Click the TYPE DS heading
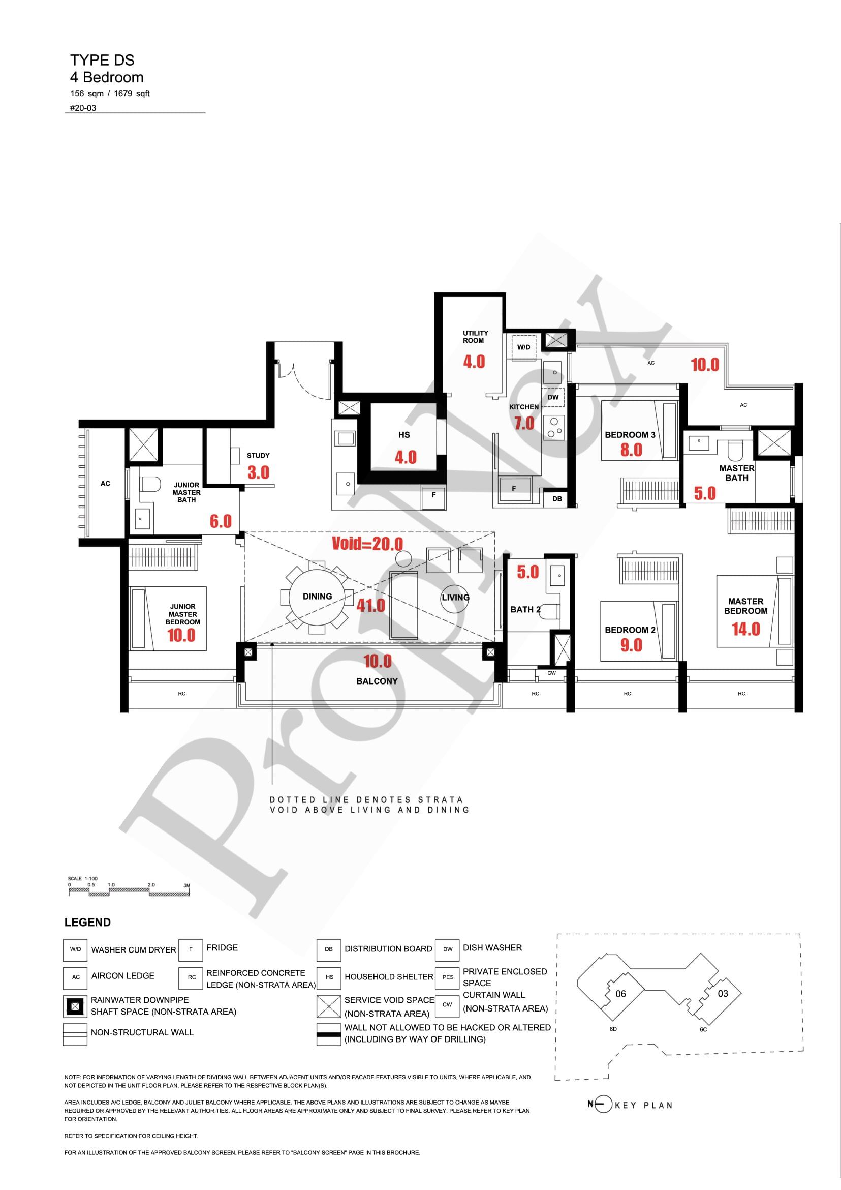(102, 60)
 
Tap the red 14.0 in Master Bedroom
(745, 629)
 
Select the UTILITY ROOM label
(476, 337)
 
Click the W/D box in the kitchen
(523, 347)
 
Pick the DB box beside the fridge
(557, 499)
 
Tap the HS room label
(404, 435)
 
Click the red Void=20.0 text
(367, 544)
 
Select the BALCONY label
(377, 681)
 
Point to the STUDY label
(258, 456)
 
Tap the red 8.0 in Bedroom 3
(631, 450)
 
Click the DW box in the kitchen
(553, 398)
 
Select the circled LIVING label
(455, 597)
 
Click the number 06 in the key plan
(620, 994)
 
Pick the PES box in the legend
(447, 977)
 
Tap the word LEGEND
(87, 923)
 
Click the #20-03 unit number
(83, 108)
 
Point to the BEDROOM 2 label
(630, 630)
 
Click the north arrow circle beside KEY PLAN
(603, 1105)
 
